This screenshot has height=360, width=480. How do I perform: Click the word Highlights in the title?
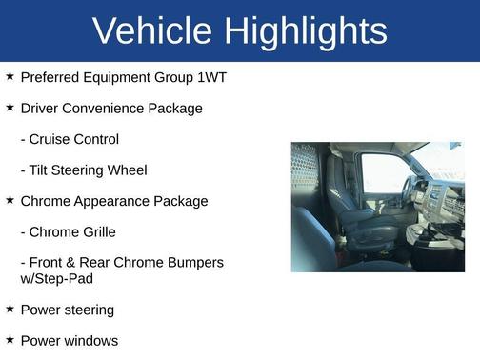pos(306,31)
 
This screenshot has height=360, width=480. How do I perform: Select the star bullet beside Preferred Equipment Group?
pos(10,76)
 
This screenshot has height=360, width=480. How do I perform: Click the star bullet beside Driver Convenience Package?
pos(10,108)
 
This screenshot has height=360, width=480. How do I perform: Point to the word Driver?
pos(41,109)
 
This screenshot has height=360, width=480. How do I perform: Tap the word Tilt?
pos(41,170)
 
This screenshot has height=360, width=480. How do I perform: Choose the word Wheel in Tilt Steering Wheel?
pos(128,170)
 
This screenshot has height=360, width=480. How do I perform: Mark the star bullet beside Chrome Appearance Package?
pos(10,200)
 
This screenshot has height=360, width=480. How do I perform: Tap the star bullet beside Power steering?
pos(10,309)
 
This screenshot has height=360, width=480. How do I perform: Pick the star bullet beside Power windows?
pos(10,339)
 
